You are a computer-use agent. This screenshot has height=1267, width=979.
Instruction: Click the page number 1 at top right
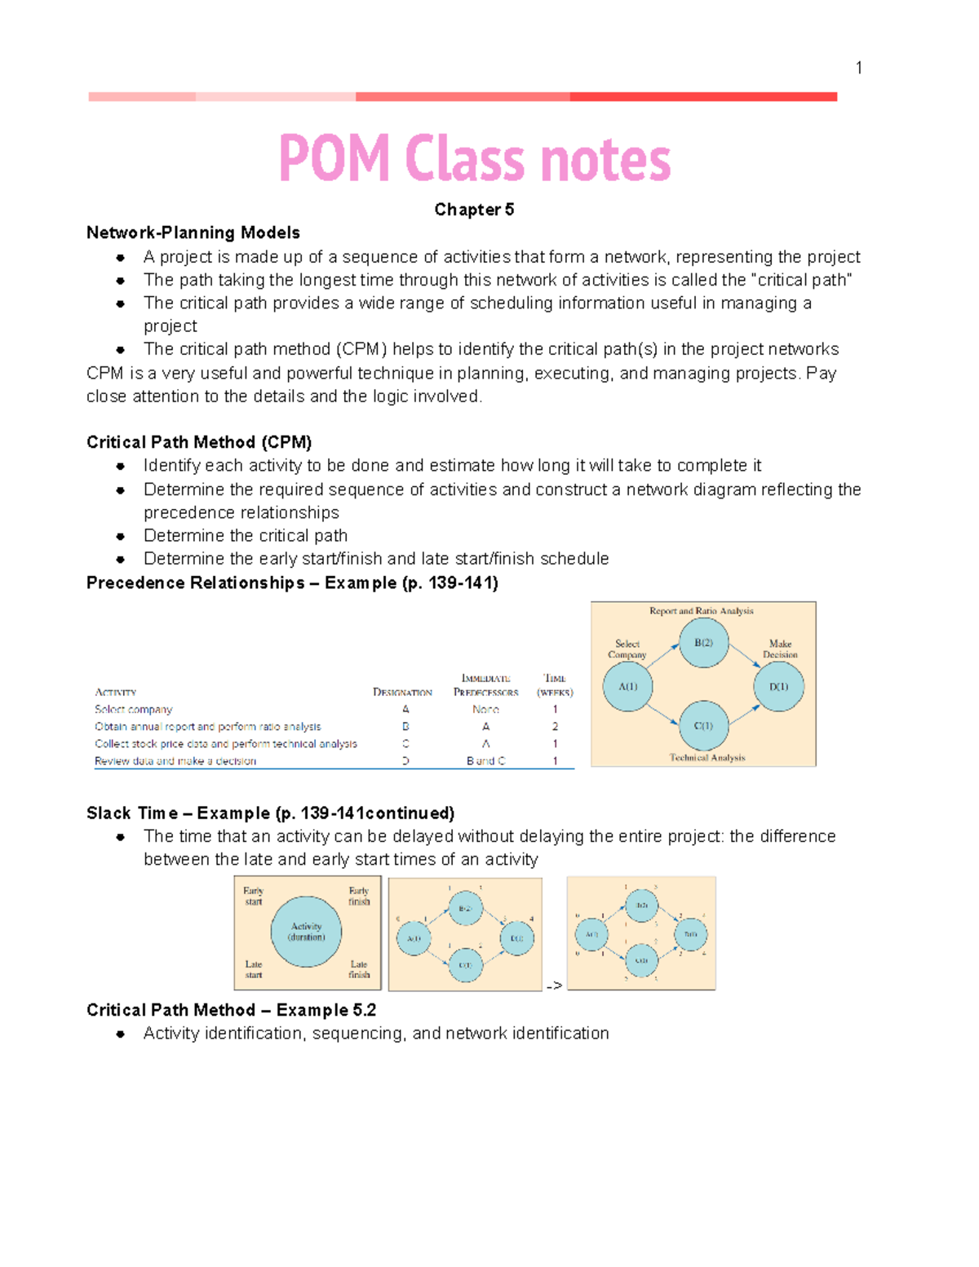[858, 68]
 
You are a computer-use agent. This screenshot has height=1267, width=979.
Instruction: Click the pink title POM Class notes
[475, 158]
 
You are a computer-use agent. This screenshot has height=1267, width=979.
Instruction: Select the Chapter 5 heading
[474, 210]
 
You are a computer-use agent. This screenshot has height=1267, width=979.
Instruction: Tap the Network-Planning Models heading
[193, 233]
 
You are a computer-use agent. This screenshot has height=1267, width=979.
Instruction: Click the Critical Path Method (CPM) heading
[199, 442]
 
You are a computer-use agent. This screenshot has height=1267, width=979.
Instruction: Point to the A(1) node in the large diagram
[627, 686]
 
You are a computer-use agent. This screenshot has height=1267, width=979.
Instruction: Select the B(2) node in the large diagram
[703, 643]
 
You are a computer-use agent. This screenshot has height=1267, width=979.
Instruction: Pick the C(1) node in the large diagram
[703, 725]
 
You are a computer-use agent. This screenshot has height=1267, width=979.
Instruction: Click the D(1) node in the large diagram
[778, 686]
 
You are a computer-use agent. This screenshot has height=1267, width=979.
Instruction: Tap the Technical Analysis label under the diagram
[707, 758]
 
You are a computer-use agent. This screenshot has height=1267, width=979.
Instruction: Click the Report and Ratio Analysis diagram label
[701, 611]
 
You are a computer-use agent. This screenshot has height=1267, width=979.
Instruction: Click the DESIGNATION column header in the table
[402, 693]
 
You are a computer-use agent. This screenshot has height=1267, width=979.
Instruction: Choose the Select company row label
[134, 710]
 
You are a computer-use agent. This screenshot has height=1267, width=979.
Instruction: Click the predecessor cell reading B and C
[485, 761]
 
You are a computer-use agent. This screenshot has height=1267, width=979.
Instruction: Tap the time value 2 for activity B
[555, 727]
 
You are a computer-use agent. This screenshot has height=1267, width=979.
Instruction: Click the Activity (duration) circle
[306, 932]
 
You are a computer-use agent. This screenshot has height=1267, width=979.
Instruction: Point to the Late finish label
[359, 969]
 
